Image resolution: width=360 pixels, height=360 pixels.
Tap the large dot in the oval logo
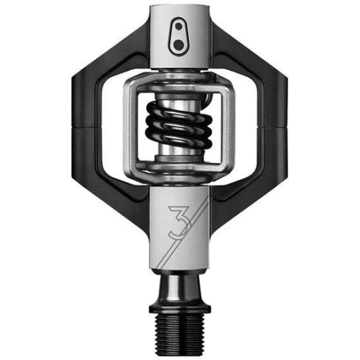coord(179,44)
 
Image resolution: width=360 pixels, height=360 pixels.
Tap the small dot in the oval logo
coord(179,26)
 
